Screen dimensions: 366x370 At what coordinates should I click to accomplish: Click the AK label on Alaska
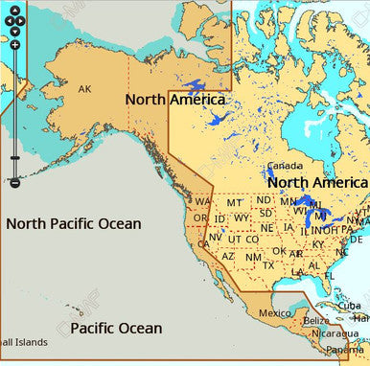(84, 89)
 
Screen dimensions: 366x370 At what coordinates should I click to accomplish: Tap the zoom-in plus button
(14, 45)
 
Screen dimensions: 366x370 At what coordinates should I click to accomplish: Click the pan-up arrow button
(14, 9)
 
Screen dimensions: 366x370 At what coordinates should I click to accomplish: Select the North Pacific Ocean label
(74, 223)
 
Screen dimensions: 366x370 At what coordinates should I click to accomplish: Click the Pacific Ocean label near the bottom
(116, 329)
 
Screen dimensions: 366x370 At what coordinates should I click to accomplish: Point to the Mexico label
(275, 312)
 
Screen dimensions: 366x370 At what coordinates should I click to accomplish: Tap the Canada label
(285, 166)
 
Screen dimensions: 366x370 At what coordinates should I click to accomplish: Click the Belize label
(315, 320)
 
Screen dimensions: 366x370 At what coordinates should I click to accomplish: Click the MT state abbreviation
(234, 202)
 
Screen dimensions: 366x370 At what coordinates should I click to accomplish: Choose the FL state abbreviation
(330, 275)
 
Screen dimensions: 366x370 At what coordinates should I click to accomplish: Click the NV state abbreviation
(216, 237)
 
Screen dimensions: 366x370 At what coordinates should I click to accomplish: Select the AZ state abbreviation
(228, 256)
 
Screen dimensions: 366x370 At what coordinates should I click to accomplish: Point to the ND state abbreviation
(264, 199)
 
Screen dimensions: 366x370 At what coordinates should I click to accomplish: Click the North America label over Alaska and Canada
(175, 100)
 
